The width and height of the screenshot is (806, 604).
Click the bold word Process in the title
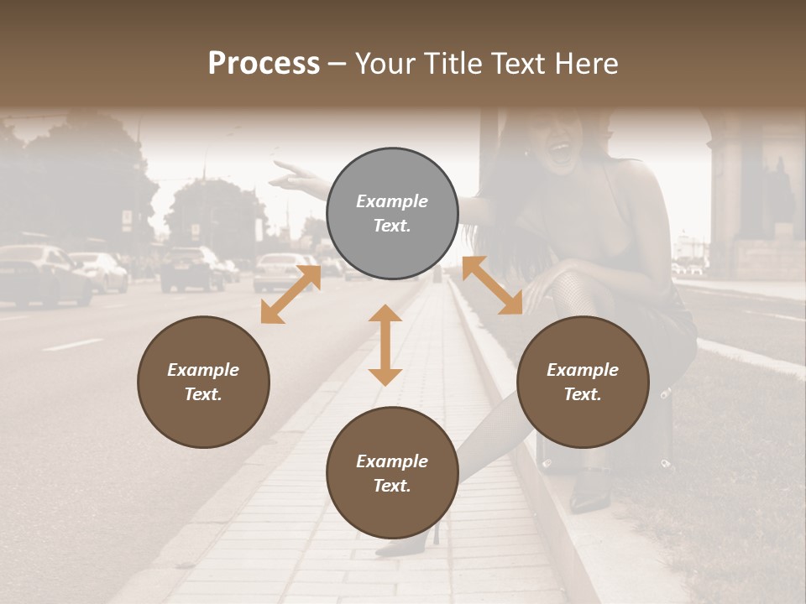[x=264, y=64]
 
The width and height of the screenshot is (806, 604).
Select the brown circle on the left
[x=203, y=382]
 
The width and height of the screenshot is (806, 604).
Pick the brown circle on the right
[x=583, y=382]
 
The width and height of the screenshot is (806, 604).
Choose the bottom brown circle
[x=392, y=473]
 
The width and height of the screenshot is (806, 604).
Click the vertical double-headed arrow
[x=385, y=345]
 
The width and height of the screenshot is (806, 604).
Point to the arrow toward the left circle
[x=290, y=294]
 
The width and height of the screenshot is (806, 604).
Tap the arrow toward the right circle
[x=492, y=285]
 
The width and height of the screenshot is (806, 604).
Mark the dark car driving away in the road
[x=191, y=268]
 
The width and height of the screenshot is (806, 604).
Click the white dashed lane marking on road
[x=71, y=345]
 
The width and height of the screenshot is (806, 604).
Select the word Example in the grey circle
[x=392, y=201]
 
